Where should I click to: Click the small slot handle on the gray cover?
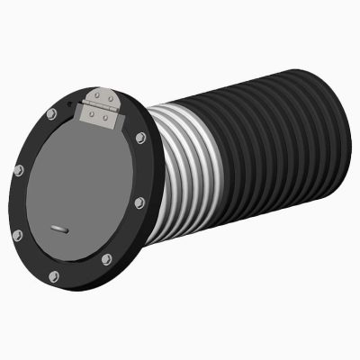coord(59,229)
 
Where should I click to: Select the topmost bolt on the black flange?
coord(50,113)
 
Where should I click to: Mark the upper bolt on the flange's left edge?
coord(19,168)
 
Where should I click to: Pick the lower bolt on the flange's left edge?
coord(17,235)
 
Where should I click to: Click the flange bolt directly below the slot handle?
coord(53,275)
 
